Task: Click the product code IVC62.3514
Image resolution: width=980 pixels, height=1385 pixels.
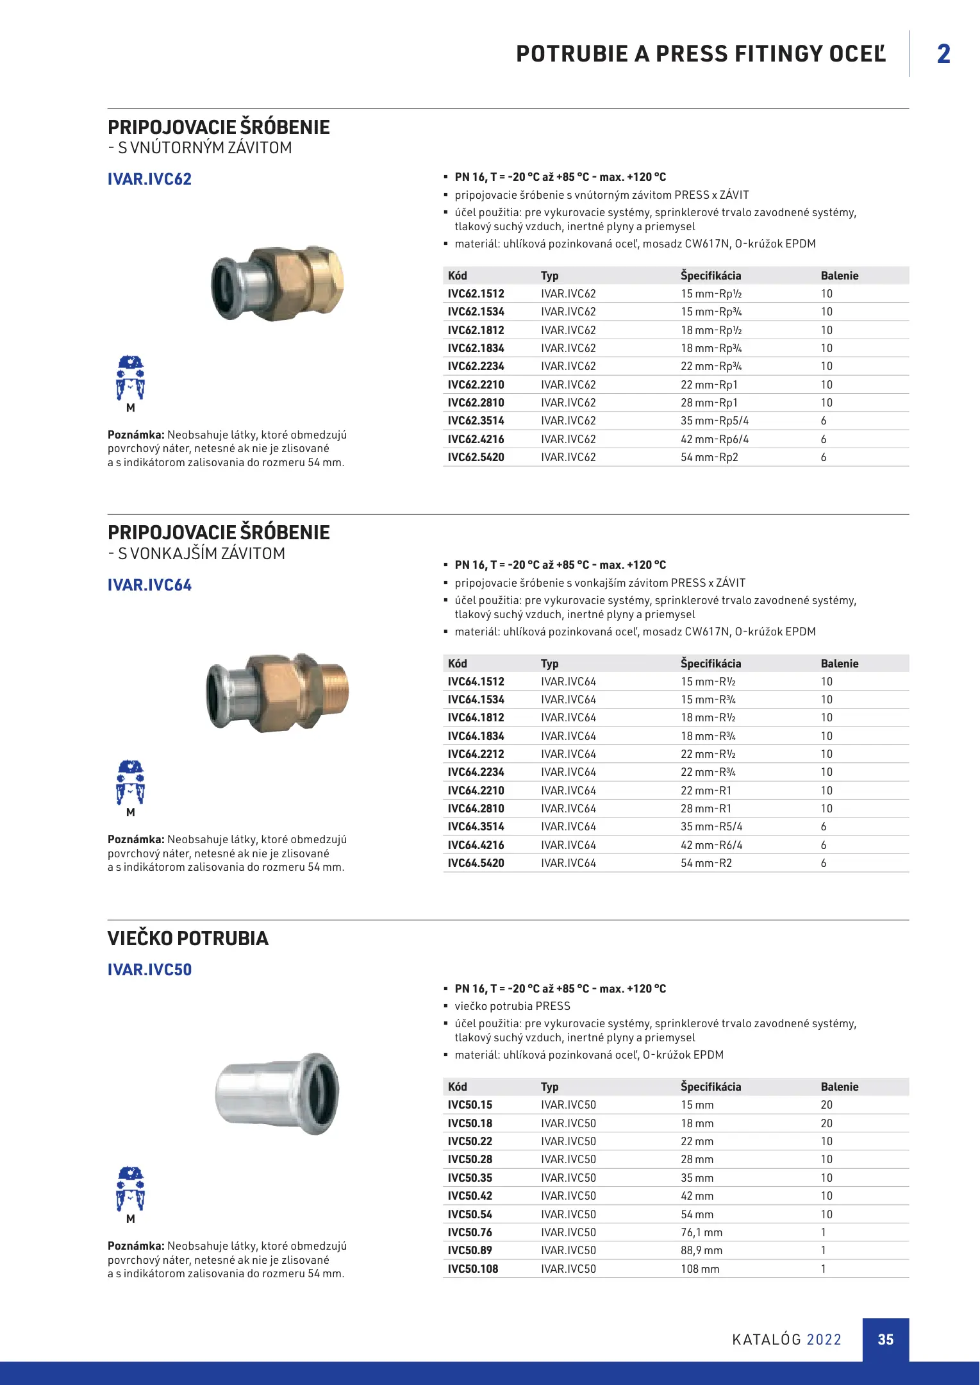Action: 476,421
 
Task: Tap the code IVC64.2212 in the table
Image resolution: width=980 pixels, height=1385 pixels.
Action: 476,754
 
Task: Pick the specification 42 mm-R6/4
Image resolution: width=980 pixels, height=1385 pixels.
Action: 711,845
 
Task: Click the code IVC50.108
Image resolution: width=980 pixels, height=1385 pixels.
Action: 472,1269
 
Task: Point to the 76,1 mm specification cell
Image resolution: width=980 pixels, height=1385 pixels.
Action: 701,1232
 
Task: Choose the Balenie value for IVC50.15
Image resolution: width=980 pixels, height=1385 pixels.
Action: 826,1105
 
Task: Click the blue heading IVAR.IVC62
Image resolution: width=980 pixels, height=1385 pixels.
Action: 149,179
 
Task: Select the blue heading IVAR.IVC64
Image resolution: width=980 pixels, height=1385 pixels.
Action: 149,585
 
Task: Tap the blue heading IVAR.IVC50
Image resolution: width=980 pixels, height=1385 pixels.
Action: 149,969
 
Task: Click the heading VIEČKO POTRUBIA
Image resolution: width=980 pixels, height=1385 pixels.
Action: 188,938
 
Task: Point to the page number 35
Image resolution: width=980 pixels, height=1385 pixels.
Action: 885,1339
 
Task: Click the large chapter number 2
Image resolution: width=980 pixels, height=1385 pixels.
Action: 943,54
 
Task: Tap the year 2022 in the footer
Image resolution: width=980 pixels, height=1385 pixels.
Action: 824,1339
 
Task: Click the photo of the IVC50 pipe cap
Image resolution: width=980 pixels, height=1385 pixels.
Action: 277,1093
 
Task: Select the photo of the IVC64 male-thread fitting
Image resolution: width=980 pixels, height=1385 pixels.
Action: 277,692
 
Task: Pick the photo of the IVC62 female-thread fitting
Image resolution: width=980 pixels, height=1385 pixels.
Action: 277,283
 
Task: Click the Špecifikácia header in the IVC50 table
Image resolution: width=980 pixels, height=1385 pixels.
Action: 710,1087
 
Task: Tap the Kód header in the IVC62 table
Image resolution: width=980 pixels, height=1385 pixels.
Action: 457,276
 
